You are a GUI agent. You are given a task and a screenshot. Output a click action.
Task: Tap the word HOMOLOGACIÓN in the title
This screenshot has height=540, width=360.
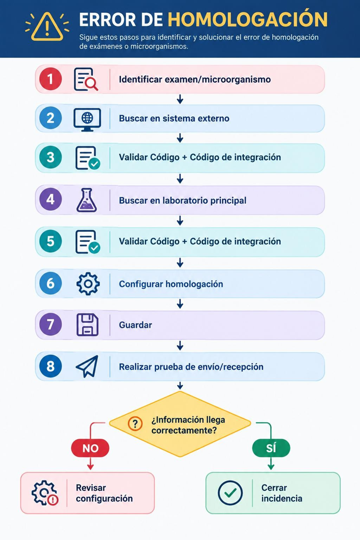[247, 20]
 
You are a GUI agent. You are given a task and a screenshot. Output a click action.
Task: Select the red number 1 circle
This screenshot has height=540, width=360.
[51, 79]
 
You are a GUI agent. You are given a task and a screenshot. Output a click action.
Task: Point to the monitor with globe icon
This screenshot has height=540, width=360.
[87, 119]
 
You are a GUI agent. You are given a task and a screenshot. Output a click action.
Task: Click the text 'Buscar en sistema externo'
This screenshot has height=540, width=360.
[174, 118]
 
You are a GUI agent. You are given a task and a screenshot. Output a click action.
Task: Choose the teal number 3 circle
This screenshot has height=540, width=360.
[51, 157]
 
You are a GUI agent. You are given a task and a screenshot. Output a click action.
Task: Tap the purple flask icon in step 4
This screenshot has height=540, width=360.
[86, 200]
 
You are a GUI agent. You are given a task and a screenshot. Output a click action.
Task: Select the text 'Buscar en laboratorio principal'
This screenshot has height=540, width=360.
[183, 200]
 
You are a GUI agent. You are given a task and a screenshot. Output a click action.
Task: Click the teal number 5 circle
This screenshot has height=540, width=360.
[51, 242]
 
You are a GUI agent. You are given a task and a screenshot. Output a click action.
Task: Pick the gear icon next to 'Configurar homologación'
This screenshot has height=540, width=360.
[88, 283]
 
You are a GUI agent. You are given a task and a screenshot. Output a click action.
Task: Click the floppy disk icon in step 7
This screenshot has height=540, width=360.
[87, 325]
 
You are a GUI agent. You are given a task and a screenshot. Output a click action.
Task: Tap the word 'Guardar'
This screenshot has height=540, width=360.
[135, 325]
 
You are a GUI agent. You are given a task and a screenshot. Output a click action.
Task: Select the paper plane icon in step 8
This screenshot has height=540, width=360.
[87, 366]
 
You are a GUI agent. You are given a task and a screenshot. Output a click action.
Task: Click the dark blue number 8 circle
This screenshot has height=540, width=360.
[51, 366]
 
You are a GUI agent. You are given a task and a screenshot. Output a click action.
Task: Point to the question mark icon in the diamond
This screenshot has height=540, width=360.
[135, 423]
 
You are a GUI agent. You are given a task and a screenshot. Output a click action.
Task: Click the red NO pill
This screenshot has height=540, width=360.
[90, 448]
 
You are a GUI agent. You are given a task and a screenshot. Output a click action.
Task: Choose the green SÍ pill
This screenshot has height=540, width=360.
[271, 448]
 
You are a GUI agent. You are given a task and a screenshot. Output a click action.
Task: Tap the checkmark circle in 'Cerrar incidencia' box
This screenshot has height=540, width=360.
[230, 493]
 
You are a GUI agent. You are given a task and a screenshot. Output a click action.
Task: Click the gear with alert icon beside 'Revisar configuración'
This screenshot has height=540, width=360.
[45, 493]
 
